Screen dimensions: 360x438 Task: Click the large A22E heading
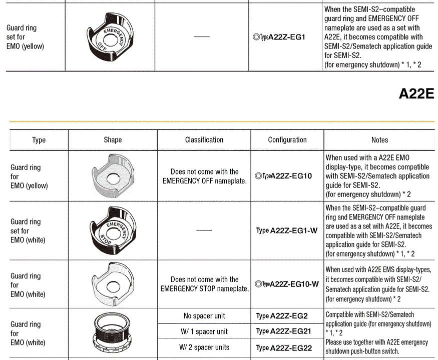[x=416, y=94]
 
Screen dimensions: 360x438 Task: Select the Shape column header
[x=113, y=140]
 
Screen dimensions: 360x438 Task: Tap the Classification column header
[x=204, y=140]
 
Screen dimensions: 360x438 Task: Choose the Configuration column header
[x=287, y=140]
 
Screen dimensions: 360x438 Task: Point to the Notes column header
[x=379, y=140]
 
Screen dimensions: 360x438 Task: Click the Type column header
[x=39, y=140]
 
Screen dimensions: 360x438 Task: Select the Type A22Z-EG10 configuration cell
[x=283, y=176]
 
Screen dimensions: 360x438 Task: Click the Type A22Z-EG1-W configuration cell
[x=286, y=230]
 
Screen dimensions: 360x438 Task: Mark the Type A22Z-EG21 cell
[x=283, y=331]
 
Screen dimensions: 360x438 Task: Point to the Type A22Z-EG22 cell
[x=284, y=347]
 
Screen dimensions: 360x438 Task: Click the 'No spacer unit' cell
[x=204, y=316]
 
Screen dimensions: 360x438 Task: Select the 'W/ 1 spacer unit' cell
[x=204, y=331]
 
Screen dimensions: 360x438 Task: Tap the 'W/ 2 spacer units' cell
[x=204, y=347]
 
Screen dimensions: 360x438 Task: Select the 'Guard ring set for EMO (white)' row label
[x=28, y=230]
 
